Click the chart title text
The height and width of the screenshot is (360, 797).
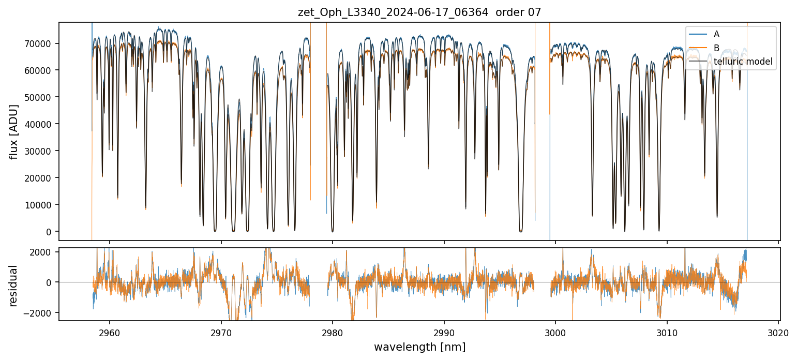pos(419,12)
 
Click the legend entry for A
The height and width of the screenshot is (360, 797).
pos(716,34)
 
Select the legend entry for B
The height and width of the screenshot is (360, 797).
pos(716,48)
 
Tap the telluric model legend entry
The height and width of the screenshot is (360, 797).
pos(743,62)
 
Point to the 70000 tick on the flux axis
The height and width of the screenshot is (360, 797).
pos(41,43)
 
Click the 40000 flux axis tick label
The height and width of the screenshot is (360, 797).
pos(41,124)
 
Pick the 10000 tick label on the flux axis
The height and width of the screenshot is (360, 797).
pos(41,205)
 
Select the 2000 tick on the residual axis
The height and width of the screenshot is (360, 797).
pos(44,252)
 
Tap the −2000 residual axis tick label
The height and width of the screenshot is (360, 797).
pos(42,313)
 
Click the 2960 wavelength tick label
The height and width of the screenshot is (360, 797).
pos(109,331)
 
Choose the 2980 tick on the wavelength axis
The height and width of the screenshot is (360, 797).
pos(333,331)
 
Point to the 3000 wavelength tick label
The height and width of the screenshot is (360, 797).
pos(555,331)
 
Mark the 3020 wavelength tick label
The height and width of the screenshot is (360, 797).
pos(779,331)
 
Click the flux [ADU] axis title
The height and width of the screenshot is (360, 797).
pos(14,131)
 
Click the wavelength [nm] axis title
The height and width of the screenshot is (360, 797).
pos(419,347)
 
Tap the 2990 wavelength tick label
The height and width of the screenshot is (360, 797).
pos(444,331)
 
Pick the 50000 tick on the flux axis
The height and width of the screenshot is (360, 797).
pos(41,97)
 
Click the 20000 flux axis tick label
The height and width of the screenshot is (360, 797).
pos(41,178)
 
